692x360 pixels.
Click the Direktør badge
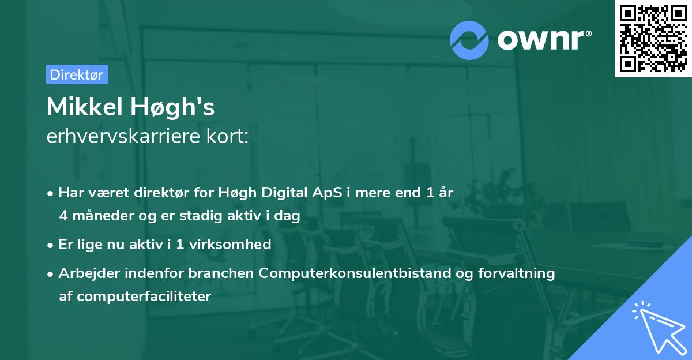[x=77, y=74]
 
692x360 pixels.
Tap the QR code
[x=653, y=39]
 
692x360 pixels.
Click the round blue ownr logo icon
[x=469, y=39]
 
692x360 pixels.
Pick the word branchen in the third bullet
[x=221, y=273]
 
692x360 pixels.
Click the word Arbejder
[x=84, y=273]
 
